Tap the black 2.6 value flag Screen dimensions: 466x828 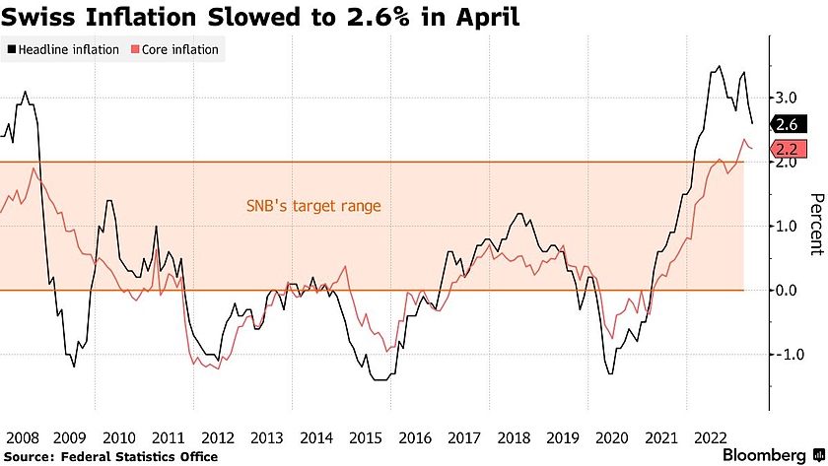tap(787, 125)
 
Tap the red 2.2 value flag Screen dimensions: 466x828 tap(787, 150)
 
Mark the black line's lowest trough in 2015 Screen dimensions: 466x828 tap(380, 379)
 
